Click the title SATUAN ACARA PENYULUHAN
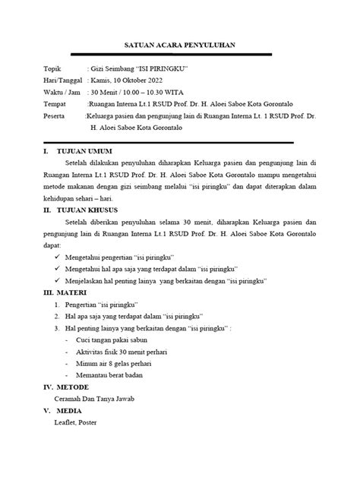[x=179, y=46]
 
